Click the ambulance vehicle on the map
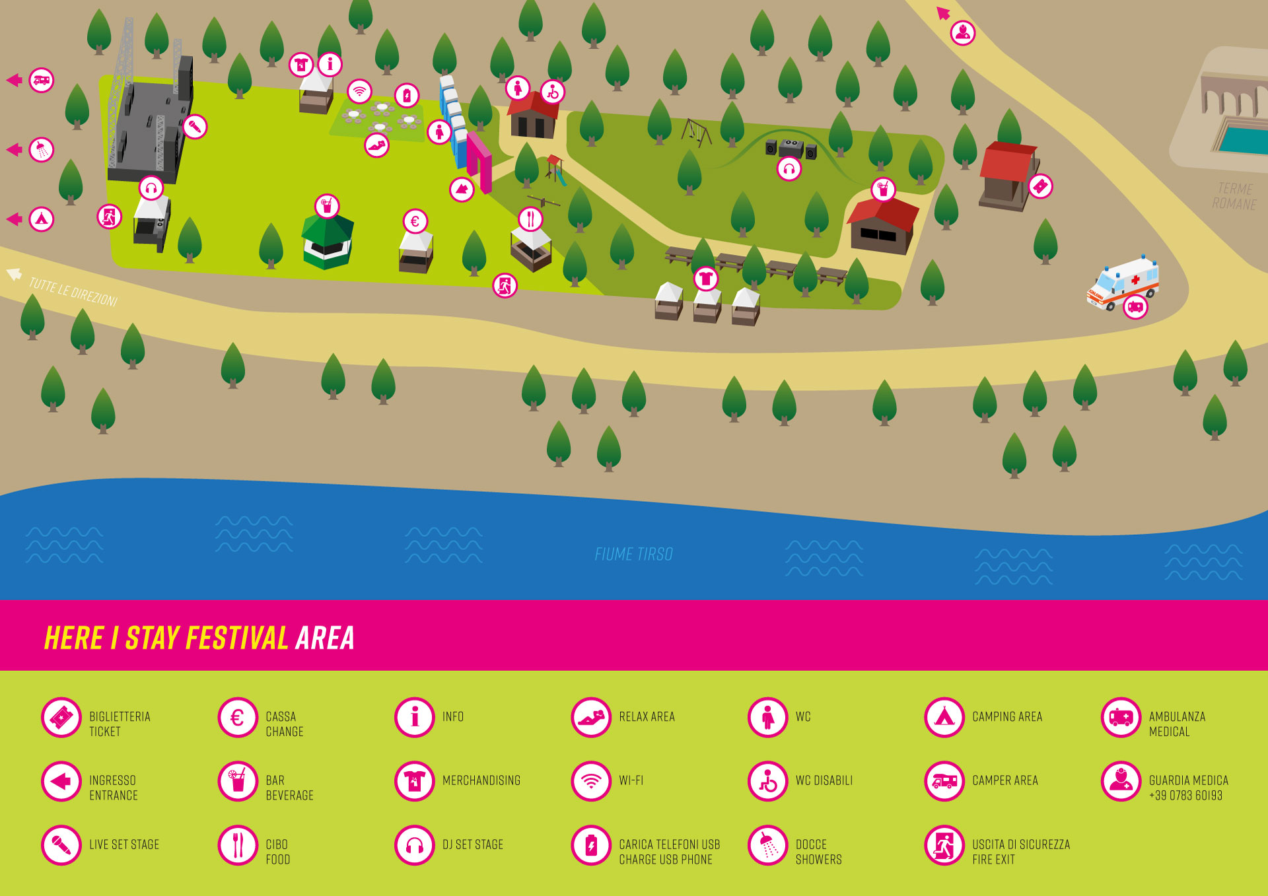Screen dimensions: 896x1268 (1123, 283)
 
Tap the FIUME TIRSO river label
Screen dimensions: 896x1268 (633, 554)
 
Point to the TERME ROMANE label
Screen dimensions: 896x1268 (1234, 196)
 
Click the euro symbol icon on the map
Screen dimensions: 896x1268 (415, 221)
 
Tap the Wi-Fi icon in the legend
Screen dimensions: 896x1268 (591, 780)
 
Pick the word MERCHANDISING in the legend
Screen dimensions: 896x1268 (481, 780)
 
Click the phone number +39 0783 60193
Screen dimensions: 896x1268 (1185, 796)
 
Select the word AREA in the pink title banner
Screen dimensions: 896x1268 (325, 638)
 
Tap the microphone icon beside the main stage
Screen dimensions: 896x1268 (195, 126)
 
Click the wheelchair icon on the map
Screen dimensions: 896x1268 (552, 92)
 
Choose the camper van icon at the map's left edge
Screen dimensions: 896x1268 (42, 81)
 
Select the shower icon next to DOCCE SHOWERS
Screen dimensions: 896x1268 (767, 844)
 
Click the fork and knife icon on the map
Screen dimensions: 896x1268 (530, 219)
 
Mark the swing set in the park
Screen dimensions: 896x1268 (696, 132)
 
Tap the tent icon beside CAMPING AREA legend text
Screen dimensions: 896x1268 (944, 716)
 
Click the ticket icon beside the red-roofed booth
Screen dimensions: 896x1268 (1040, 186)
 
